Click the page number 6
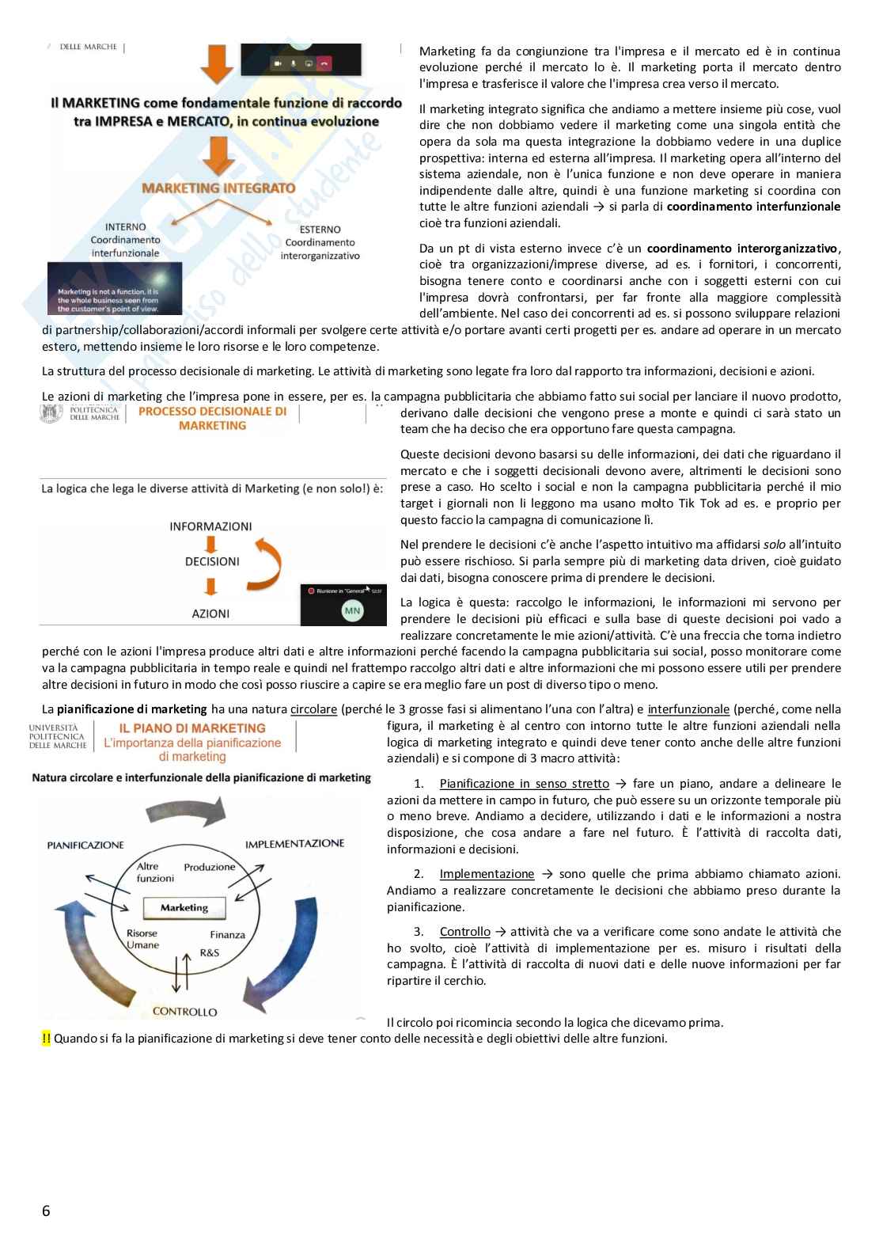pyautogui.click(x=46, y=1210)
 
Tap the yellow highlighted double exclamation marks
pyautogui.click(x=46, y=1039)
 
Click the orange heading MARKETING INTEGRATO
pyautogui.click(x=218, y=188)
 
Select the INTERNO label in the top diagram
pyautogui.click(x=125, y=227)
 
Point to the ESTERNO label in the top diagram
pyautogui.click(x=320, y=230)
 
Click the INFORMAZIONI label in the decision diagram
pyautogui.click(x=210, y=526)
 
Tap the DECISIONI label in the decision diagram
pyautogui.click(x=212, y=561)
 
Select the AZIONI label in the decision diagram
pyautogui.click(x=210, y=614)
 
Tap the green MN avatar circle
pyautogui.click(x=352, y=610)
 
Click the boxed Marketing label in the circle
pyautogui.click(x=184, y=908)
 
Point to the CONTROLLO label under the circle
pyautogui.click(x=184, y=1012)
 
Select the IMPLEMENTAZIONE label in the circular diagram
pyautogui.click(x=294, y=844)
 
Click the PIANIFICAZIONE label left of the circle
pyautogui.click(x=85, y=845)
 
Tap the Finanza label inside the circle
pyautogui.click(x=227, y=935)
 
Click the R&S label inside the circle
pyautogui.click(x=210, y=952)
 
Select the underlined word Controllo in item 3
pyautogui.click(x=464, y=932)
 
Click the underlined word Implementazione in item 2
pyautogui.click(x=487, y=874)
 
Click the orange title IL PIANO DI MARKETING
pyautogui.click(x=192, y=728)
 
